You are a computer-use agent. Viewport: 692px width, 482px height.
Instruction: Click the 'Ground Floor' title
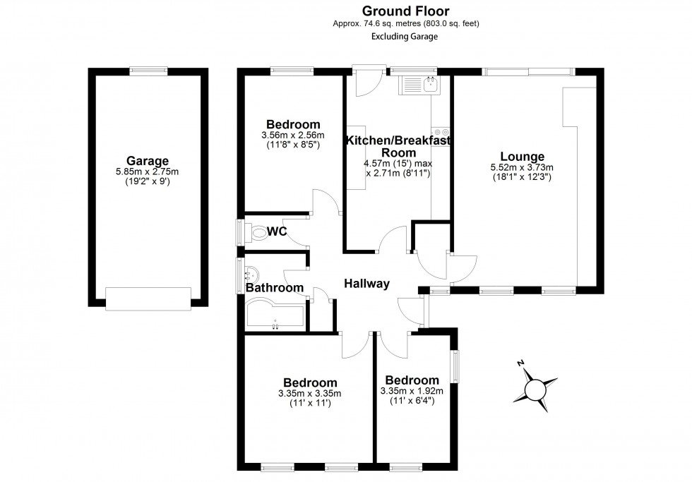click(x=405, y=10)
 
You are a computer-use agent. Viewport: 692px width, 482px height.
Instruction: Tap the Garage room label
click(x=148, y=160)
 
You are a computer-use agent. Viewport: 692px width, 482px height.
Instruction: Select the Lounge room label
click(x=522, y=157)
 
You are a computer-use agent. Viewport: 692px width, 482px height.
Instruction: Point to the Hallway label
click(x=366, y=284)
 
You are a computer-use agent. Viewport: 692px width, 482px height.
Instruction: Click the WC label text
click(x=278, y=232)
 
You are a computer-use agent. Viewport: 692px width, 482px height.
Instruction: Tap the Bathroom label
click(x=275, y=288)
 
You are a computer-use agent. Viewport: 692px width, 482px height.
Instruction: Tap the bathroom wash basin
click(x=251, y=273)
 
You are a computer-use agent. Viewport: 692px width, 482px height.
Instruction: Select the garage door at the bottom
click(x=148, y=298)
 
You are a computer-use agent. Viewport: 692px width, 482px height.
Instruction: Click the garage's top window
click(x=148, y=71)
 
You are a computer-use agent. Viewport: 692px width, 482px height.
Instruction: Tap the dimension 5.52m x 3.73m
click(x=522, y=167)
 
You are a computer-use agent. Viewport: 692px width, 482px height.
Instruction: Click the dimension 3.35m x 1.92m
click(x=411, y=392)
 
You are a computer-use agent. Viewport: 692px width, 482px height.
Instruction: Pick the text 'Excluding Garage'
click(x=405, y=37)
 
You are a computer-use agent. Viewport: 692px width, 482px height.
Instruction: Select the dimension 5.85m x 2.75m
click(x=148, y=171)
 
